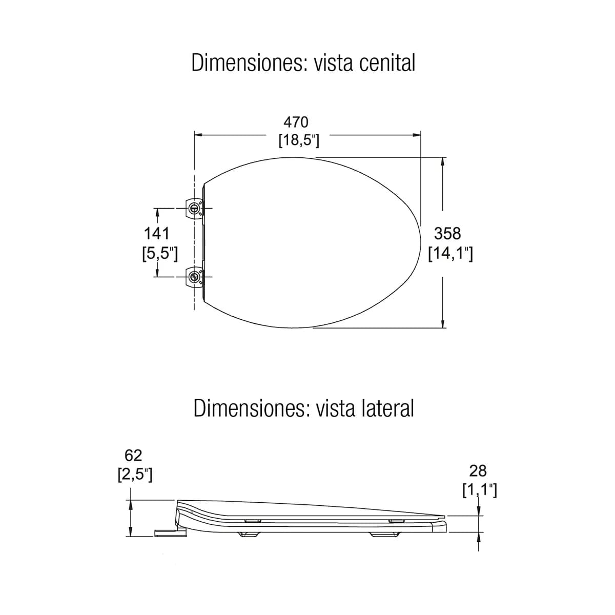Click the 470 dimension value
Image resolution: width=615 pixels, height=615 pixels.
pyautogui.click(x=296, y=122)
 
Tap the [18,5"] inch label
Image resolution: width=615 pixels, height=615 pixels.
pyautogui.click(x=299, y=140)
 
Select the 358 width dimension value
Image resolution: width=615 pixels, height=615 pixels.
pyautogui.click(x=447, y=234)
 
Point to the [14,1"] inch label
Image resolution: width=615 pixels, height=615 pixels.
pyautogui.click(x=450, y=254)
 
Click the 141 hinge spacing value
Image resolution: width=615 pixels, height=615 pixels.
pyautogui.click(x=157, y=233)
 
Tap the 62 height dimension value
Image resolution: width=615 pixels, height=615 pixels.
pyautogui.click(x=133, y=456)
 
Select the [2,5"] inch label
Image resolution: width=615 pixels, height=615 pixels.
pyautogui.click(x=135, y=475)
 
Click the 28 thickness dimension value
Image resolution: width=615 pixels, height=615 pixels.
pyautogui.click(x=478, y=471)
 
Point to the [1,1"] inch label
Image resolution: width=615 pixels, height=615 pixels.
pyautogui.click(x=480, y=490)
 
